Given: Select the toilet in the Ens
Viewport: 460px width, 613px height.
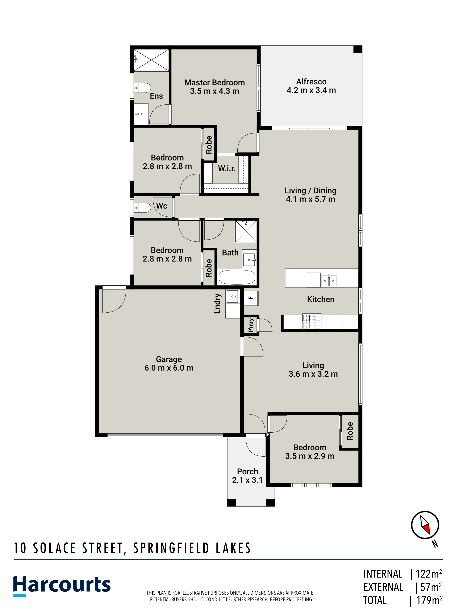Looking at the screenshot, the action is coord(142,88).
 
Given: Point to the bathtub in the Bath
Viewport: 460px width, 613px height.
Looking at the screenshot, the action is coord(237,277).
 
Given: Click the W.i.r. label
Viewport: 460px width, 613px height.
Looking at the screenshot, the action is coord(226,168).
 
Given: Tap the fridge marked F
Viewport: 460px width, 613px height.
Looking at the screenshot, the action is coord(251,298).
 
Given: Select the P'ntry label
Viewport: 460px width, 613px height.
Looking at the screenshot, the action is coord(251,325).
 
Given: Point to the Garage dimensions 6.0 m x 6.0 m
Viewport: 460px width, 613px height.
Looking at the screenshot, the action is coord(169,368).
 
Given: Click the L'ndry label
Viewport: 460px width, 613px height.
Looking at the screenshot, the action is coord(218,303).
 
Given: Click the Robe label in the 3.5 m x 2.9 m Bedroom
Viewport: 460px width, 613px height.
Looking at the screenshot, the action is coord(350,431).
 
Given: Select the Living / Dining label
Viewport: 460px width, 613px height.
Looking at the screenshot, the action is coord(311,191).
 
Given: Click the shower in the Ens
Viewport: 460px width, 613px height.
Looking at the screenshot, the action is coord(151,60).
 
